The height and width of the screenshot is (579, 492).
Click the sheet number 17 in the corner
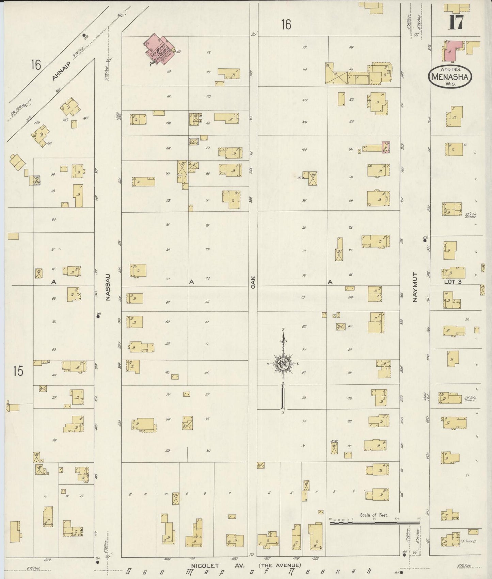[455, 22]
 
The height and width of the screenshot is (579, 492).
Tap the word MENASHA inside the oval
[450, 77]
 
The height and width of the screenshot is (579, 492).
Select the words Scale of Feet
[374, 515]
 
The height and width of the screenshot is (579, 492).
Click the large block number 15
[18, 371]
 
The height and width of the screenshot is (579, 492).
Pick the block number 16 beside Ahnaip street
[36, 64]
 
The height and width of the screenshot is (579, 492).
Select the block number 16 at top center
[286, 24]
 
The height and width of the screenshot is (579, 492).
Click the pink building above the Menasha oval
[453, 50]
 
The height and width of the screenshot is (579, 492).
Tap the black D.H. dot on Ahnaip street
[84, 35]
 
